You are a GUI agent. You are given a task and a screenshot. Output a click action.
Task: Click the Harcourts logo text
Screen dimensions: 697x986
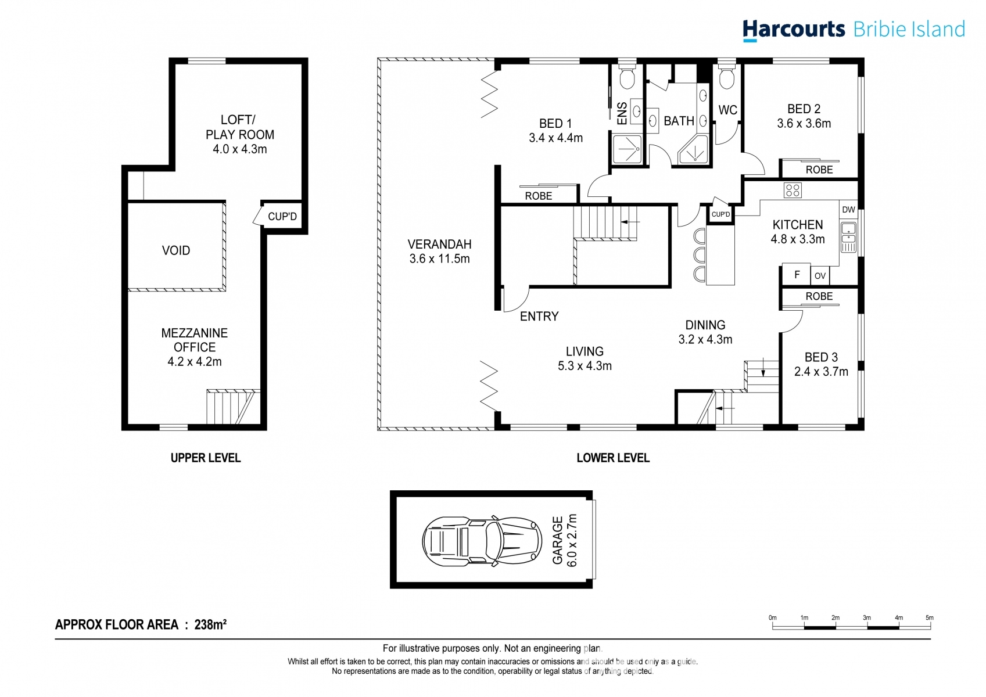pos(794,29)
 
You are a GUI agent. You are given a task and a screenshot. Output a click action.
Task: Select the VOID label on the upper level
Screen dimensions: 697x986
pos(176,250)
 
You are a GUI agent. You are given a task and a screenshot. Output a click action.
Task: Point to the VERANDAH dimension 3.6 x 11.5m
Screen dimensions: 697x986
pos(439,259)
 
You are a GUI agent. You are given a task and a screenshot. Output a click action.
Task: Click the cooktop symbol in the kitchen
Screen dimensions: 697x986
pos(793,190)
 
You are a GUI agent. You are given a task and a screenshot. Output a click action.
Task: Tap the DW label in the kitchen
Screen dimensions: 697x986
pos(848,210)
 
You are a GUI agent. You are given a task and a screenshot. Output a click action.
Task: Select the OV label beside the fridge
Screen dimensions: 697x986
pos(820,276)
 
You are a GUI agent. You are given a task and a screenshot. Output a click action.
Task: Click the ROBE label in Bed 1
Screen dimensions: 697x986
pos(539,196)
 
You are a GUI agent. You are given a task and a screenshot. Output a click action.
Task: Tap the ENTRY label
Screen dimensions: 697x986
pos(539,317)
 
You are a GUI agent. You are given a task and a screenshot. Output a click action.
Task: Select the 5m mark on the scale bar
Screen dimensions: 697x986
pos(930,619)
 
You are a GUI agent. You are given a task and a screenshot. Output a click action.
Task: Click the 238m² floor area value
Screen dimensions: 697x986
pos(210,625)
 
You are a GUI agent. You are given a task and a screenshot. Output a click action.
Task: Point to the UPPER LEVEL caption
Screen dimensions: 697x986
pos(206,458)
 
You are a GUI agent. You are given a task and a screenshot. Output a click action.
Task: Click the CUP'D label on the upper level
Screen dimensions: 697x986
pos(282,217)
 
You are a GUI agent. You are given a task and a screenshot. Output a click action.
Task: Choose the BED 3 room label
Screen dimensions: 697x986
pos(821,357)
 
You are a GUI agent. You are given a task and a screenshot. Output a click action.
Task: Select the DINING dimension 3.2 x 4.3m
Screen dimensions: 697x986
pos(705,340)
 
